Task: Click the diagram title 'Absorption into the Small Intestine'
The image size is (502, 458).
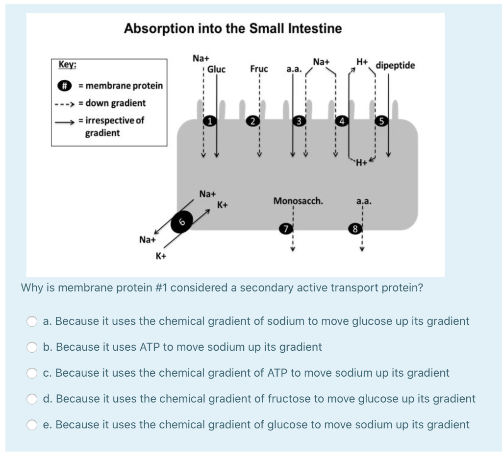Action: point(233,29)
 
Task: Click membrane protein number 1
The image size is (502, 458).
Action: point(209,120)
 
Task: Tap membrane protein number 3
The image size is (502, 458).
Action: point(298,121)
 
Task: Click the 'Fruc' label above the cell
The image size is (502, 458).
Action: point(259,69)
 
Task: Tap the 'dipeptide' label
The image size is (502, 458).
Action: point(395,66)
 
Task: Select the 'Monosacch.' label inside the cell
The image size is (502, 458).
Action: point(298,201)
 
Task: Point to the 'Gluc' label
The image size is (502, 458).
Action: point(216,69)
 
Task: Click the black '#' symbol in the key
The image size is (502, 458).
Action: point(63,86)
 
